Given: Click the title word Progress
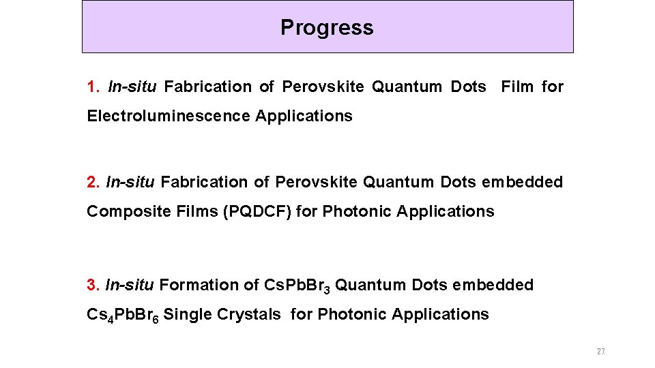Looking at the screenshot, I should point(327,27).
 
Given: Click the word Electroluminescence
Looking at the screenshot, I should point(169,117).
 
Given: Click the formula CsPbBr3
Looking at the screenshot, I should point(297,286).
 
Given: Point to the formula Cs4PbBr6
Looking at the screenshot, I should point(123,316).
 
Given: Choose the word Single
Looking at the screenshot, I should point(188,315).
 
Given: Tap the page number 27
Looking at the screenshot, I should point(600,352).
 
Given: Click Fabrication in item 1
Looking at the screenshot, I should point(208,87).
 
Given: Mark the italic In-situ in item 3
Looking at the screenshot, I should point(130,286).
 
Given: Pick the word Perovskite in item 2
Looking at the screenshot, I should point(317,183).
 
